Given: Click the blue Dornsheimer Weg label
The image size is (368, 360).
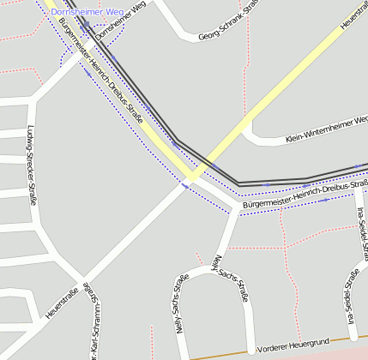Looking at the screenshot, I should [87, 12].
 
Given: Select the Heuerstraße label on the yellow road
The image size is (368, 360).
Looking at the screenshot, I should [353, 15].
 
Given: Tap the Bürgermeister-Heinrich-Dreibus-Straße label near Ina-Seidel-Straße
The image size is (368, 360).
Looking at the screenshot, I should [305, 195].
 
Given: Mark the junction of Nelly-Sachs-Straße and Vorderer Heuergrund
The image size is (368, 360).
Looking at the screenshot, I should [251, 351].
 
